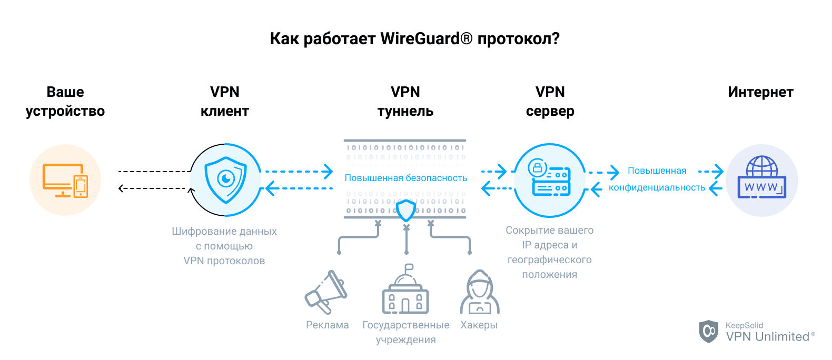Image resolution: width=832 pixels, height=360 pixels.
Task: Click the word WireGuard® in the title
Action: click(x=427, y=39)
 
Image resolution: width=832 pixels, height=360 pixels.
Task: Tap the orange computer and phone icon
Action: click(x=65, y=180)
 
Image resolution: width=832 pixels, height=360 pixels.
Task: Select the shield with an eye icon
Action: click(x=226, y=180)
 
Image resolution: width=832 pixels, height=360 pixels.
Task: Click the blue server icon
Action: click(x=550, y=180)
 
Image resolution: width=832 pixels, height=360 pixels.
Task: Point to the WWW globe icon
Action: click(x=761, y=179)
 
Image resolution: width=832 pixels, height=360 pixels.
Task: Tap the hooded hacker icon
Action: click(x=479, y=293)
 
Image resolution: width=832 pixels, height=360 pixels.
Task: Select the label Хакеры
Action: click(x=479, y=325)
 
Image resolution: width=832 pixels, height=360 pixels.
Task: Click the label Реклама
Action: click(x=328, y=325)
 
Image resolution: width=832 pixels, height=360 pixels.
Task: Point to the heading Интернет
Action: click(x=760, y=92)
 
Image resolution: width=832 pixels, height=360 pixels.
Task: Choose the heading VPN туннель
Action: click(x=405, y=102)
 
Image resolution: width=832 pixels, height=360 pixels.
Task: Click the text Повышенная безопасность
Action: click(x=405, y=178)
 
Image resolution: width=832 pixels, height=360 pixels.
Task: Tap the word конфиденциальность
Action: click(x=657, y=188)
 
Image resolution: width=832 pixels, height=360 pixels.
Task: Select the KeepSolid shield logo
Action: click(x=709, y=331)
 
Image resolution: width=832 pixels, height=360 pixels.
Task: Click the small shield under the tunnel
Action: click(x=406, y=211)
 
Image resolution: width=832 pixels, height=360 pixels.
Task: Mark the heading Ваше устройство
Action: click(x=65, y=102)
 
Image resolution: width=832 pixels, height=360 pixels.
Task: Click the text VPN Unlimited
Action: click(x=768, y=337)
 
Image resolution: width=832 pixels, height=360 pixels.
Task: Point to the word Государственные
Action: click(x=405, y=325)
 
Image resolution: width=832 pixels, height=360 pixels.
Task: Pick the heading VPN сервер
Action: click(x=550, y=102)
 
